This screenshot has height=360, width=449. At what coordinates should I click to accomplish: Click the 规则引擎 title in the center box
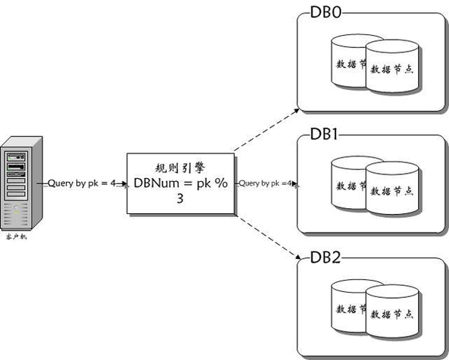(x=182, y=168)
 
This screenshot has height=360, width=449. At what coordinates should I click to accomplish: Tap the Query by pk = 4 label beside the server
(x=81, y=183)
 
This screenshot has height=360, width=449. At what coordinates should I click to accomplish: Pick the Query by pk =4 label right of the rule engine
(x=266, y=183)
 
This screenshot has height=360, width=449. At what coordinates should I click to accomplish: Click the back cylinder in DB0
(x=348, y=60)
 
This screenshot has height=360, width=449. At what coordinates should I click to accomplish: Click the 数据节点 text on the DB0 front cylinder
(x=395, y=69)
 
